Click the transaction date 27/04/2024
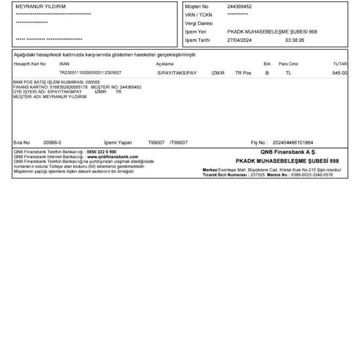(x=240, y=40)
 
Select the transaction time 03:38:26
(x=295, y=40)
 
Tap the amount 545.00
(x=339, y=73)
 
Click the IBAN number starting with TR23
(x=90, y=73)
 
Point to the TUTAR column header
(x=340, y=64)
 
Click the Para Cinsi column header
(x=288, y=64)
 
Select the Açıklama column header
(x=165, y=64)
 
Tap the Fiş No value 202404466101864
(x=292, y=142)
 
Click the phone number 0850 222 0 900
(x=102, y=152)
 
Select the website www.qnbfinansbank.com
(x=112, y=157)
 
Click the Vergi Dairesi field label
(x=199, y=23)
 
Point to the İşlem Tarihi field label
(x=198, y=40)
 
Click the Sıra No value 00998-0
(x=52, y=142)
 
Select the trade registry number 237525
(x=257, y=174)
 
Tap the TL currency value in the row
(x=288, y=73)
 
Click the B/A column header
(x=267, y=64)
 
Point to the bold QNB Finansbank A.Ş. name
(x=288, y=152)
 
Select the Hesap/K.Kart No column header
(x=30, y=64)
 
